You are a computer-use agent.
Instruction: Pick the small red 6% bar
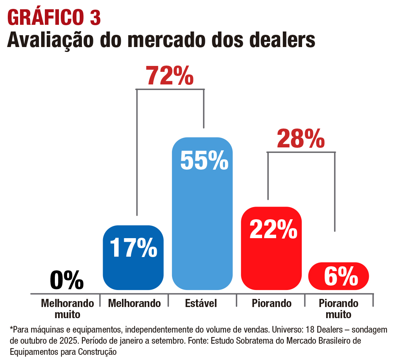click(339, 276)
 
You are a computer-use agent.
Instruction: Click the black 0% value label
click(67, 280)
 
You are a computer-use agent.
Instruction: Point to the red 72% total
click(169, 76)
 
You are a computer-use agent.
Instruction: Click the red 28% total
click(301, 139)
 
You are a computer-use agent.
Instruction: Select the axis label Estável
click(201, 304)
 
